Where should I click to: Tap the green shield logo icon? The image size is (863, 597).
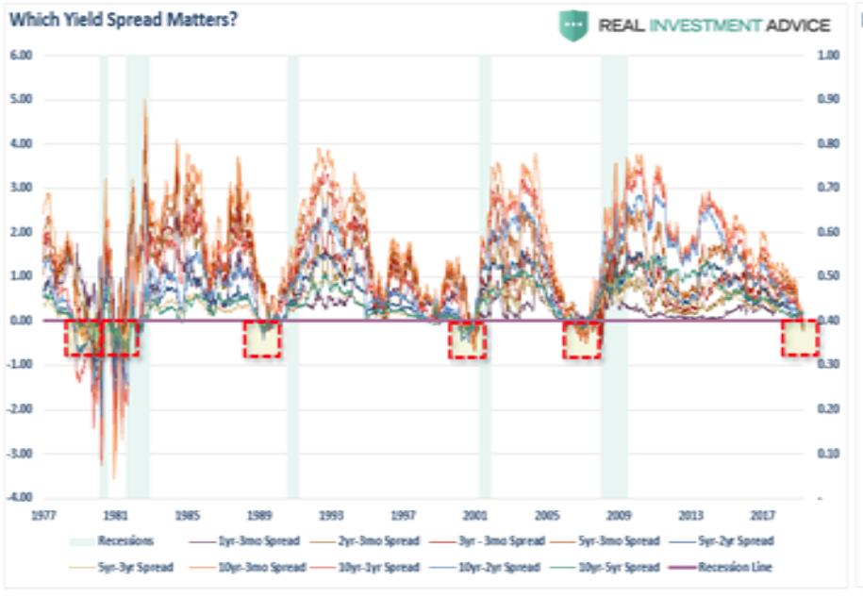[x=573, y=25]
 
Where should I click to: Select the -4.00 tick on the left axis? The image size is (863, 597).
[x=20, y=497]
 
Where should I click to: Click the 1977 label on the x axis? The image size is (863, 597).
[x=43, y=517]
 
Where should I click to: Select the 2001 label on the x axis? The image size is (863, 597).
[x=474, y=517]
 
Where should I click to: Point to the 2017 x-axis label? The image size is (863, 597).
[x=763, y=517]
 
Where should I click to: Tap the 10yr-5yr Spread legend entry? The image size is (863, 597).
[x=614, y=567]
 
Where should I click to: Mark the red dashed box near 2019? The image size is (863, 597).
[x=800, y=338]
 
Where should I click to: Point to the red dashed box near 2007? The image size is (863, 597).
[x=582, y=339]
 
